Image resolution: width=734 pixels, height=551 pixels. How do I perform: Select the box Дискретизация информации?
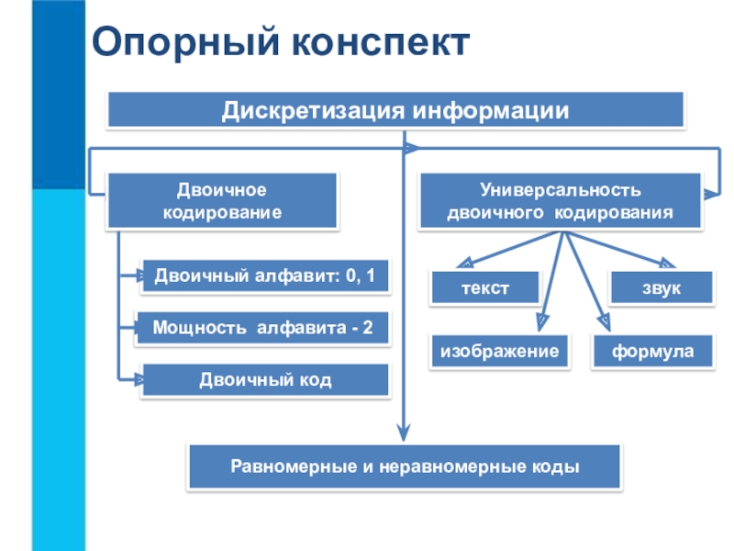pos(396,110)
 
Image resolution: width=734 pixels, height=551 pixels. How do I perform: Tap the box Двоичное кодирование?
pos(222,200)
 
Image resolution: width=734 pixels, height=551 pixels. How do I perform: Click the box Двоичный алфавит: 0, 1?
pos(265,275)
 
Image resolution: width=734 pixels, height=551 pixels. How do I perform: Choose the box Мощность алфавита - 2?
pos(262,328)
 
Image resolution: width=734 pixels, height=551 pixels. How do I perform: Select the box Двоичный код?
pos(265,379)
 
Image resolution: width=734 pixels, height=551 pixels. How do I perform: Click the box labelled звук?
pos(661,287)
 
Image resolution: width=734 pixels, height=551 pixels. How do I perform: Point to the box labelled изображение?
pos(500,352)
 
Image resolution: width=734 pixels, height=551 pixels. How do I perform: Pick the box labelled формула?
pos(653,352)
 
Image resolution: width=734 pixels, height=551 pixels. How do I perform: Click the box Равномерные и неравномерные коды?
pos(405,467)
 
